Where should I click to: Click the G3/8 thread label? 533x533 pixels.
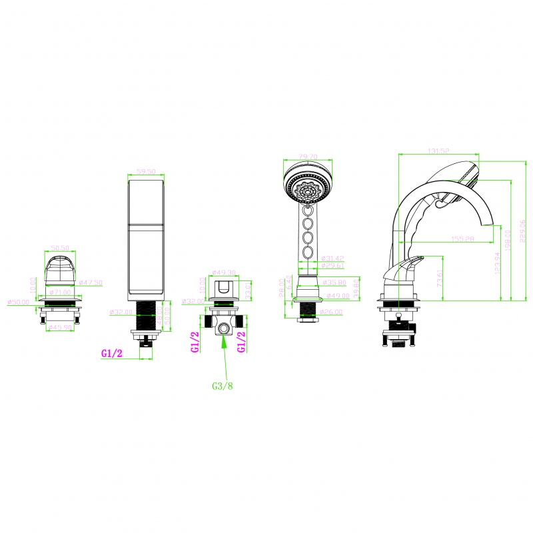click(223, 386)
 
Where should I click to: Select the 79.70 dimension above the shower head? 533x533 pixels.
click(308, 157)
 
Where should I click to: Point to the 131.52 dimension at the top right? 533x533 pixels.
click(437, 152)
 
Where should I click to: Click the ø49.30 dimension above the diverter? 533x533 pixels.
click(224, 272)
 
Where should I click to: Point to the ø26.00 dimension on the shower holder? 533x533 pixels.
click(330, 311)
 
